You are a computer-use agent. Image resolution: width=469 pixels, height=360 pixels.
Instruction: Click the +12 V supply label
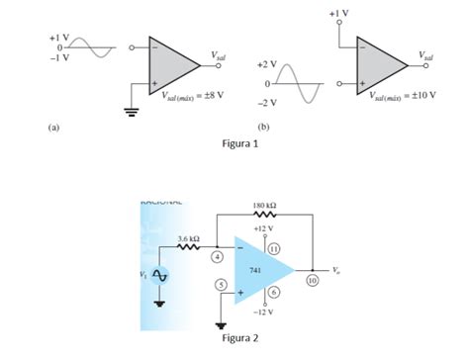pos(263,227)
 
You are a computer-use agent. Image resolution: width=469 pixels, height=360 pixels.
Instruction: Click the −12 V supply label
pos(262,313)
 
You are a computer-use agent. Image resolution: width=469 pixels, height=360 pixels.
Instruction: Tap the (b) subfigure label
pos(263,127)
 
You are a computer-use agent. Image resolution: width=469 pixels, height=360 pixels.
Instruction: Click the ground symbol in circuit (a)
pos(130,110)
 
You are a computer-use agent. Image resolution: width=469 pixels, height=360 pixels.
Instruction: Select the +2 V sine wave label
pos(266,64)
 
